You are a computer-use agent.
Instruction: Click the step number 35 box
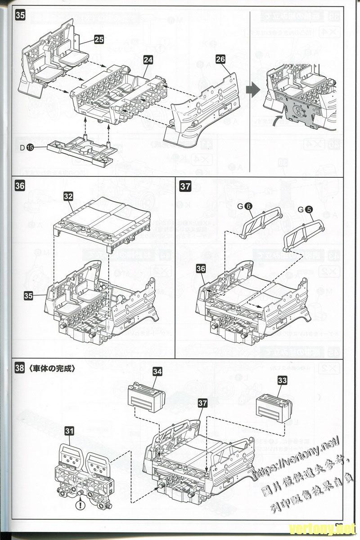20,15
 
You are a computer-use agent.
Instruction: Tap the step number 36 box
20,185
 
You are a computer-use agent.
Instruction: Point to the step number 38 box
19,368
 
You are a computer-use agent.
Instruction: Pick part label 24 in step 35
148,59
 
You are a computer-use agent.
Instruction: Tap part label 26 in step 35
220,59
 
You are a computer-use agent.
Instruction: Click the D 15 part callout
27,147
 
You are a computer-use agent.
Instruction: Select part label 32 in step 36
68,196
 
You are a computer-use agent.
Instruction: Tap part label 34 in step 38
157,371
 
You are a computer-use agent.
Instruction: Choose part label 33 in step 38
282,381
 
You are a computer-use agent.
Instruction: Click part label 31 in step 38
69,431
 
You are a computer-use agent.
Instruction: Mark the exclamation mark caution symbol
80,505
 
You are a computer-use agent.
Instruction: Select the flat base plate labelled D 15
81,152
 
